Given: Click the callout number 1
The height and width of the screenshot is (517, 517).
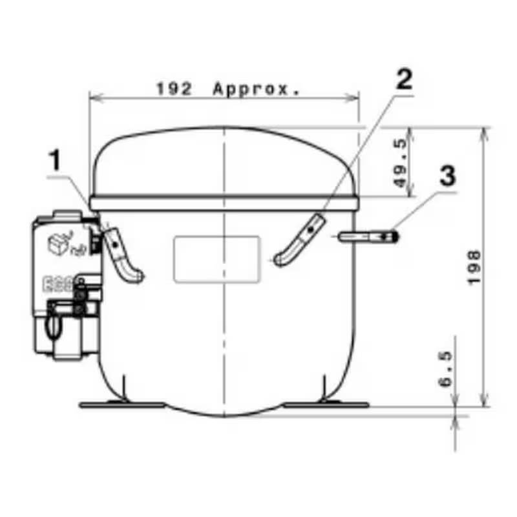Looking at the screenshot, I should pyautogui.click(x=56, y=160).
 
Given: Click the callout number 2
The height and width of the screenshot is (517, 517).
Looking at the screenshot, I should pyautogui.click(x=402, y=79).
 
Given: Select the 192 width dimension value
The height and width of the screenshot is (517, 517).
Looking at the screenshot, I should pyautogui.click(x=174, y=89).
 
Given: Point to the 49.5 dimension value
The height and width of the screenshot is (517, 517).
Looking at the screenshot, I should pyautogui.click(x=400, y=163).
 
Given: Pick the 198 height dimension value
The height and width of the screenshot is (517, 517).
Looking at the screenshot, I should pyautogui.click(x=474, y=267).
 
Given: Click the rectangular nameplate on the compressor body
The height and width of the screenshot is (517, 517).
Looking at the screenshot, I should pyautogui.click(x=216, y=258).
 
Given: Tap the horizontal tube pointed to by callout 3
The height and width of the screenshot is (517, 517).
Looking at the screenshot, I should pyautogui.click(x=365, y=237).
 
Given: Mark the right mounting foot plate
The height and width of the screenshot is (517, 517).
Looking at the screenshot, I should pyautogui.click(x=326, y=405).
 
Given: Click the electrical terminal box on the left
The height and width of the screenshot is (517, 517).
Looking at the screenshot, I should pyautogui.click(x=65, y=284).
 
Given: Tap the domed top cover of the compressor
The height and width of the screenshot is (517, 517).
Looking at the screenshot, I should pyautogui.click(x=223, y=162).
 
